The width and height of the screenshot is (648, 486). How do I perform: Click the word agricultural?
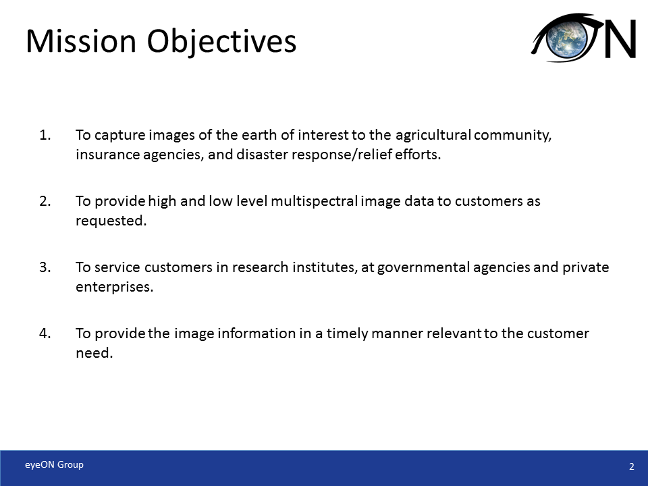[x=432, y=135]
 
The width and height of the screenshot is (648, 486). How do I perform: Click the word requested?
[x=110, y=221]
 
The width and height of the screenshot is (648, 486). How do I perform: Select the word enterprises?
[x=114, y=287]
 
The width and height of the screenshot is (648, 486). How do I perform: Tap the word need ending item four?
[x=92, y=353]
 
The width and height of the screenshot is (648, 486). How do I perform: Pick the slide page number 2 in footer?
[x=631, y=466]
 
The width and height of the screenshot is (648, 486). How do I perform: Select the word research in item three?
[x=261, y=267]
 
